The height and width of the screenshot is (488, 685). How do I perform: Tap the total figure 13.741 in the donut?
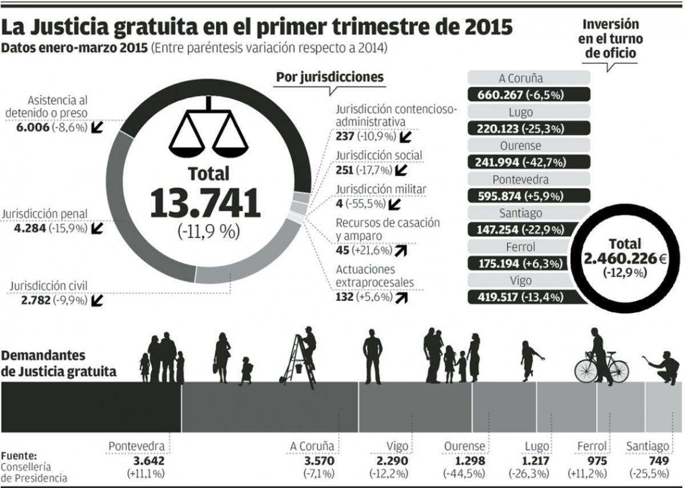coord(205,203)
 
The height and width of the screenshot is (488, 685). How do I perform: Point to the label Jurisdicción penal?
coord(45,214)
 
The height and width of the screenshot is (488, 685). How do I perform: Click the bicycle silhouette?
coord(601,369)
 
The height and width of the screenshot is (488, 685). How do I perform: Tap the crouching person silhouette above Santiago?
coord(664,368)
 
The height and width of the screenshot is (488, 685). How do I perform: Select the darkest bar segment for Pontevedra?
coord(91,407)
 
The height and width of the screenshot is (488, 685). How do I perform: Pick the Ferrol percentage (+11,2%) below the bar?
coord(587,473)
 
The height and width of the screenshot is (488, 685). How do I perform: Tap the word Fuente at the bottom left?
coord(19,456)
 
